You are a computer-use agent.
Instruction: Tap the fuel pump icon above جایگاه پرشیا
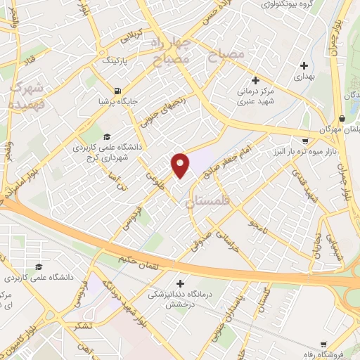[x=117, y=90]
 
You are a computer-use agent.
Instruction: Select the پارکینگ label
[x=117, y=61]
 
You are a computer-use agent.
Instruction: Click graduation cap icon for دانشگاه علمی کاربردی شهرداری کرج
[x=106, y=136]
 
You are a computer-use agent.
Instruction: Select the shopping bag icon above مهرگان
[x=342, y=118]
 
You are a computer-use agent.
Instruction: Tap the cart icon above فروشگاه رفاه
[x=323, y=345]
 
